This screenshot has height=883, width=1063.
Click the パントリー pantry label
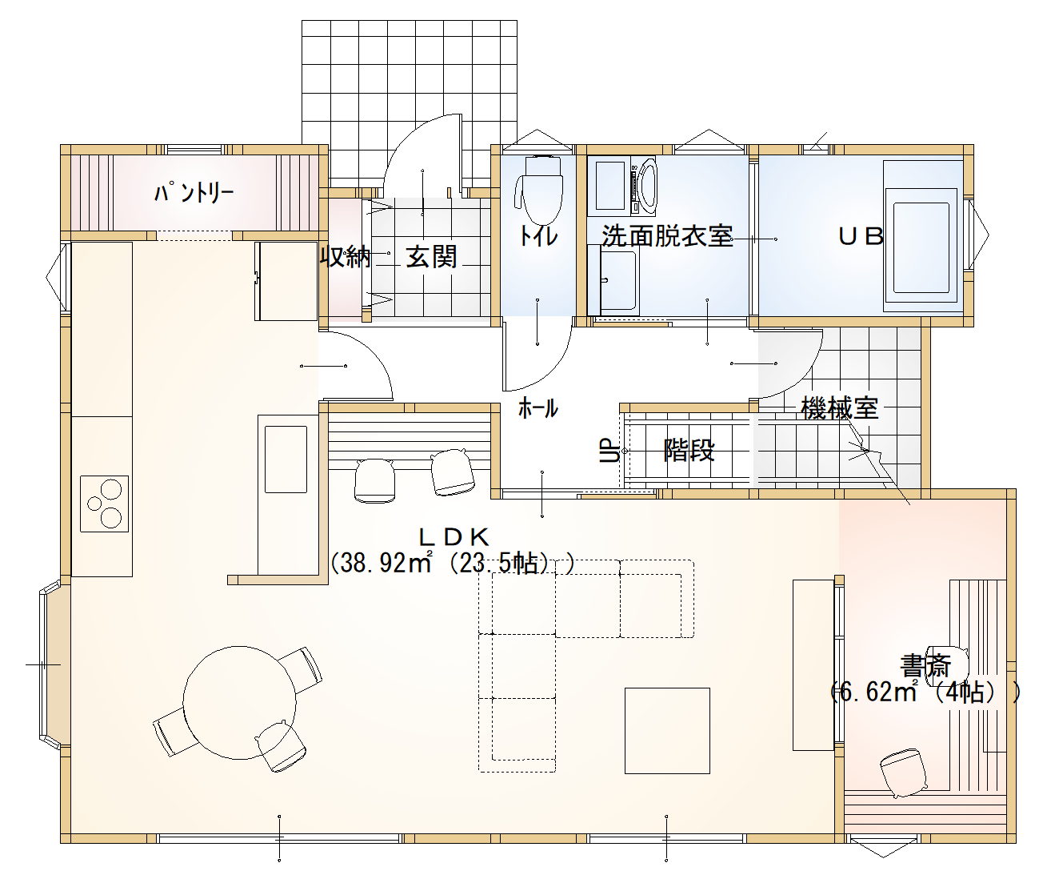point(194,193)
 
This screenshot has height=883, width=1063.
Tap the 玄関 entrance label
point(431,256)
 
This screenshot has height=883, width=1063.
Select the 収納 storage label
point(346,256)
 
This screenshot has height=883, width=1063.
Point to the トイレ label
point(538,236)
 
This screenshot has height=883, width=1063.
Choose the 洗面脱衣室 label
point(667,235)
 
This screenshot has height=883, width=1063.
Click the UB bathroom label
point(861,236)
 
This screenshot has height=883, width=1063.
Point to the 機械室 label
point(840,407)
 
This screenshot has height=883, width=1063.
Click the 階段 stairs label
point(689,450)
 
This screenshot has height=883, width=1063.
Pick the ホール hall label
point(537,408)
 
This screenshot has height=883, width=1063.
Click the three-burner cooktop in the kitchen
point(104,504)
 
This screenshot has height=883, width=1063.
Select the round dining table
point(239,703)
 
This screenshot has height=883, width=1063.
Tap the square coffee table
point(667,731)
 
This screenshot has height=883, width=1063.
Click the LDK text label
point(454,537)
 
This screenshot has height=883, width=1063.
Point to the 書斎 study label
point(925,666)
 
